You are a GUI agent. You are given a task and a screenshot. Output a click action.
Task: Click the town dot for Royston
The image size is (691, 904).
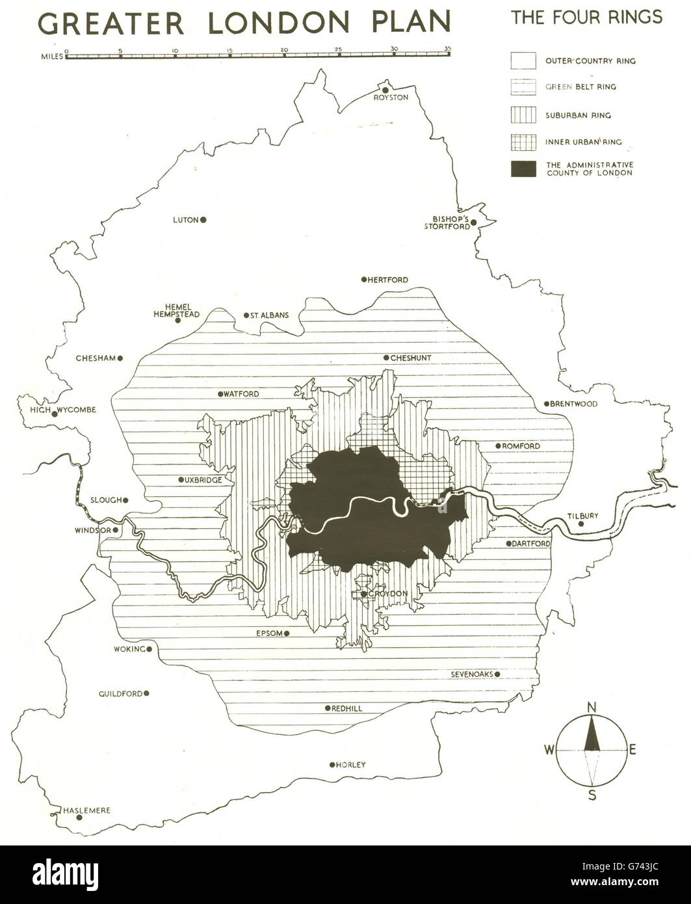tap(385, 90)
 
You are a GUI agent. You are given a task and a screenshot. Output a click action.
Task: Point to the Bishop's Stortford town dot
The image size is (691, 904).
tap(474, 222)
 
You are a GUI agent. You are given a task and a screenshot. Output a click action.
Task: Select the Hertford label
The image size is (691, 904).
tap(390, 280)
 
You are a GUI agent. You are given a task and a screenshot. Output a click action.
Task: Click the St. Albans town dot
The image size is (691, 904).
tap(246, 315)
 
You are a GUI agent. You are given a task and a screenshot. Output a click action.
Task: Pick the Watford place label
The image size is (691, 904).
tap(242, 394)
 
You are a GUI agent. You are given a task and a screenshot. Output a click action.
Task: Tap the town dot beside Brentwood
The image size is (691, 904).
tap(547, 404)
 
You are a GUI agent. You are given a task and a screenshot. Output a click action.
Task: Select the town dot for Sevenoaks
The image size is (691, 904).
tap(497, 674)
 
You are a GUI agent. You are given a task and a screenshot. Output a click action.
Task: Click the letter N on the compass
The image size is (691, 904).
tap(592, 708)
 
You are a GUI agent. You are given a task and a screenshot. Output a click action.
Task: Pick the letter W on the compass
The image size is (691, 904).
tap(550, 750)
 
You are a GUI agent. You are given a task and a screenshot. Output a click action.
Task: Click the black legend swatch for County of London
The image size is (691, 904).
tap(523, 169)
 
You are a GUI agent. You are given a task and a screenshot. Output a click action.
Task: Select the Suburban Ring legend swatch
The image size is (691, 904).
tap(523, 115)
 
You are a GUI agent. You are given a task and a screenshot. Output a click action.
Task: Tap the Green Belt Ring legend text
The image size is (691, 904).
tap(581, 87)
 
